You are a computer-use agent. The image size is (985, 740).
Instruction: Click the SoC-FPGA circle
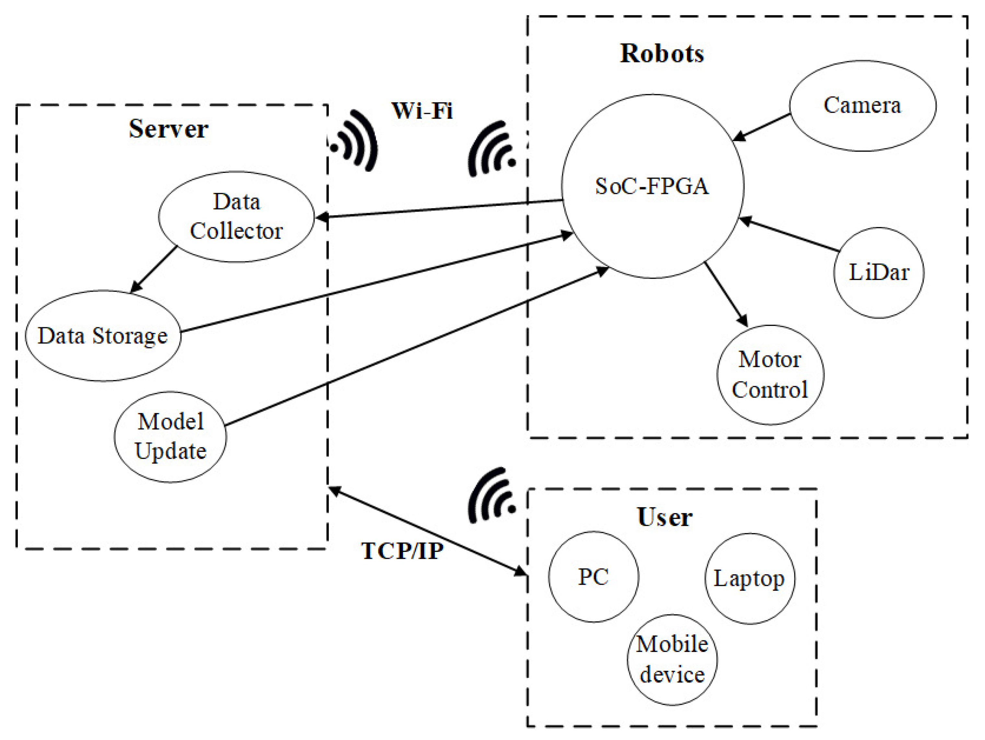652,186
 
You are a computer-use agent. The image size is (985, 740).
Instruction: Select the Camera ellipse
862,106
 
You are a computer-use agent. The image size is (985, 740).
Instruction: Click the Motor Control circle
770,375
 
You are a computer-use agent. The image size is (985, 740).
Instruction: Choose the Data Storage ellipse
103,335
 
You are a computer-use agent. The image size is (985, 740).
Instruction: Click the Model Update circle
170,437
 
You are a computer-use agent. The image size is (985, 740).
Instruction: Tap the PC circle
593,577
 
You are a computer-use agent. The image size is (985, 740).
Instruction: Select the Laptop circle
749,578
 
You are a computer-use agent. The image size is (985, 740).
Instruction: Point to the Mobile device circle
672,659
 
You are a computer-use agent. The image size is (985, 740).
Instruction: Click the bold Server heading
168,129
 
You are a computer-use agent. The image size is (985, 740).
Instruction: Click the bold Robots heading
662,54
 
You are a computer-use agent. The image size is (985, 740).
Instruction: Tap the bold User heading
664,517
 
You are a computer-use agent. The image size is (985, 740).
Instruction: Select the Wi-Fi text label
422,110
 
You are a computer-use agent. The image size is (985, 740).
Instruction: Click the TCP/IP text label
402,551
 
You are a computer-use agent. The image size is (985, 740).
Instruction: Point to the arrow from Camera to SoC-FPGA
761,128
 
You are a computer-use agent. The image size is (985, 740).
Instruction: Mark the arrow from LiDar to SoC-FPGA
788,234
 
